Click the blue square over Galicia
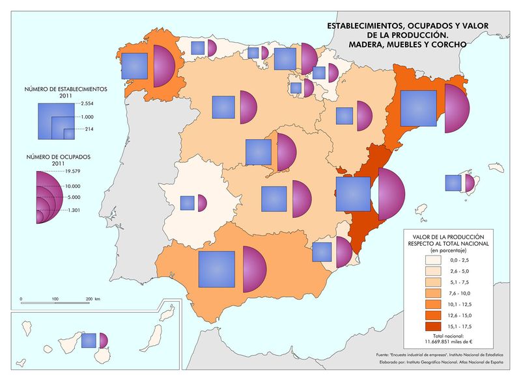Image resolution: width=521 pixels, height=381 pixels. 135,65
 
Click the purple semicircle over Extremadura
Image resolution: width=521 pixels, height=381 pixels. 201,203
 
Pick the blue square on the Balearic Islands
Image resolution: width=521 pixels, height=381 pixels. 453,183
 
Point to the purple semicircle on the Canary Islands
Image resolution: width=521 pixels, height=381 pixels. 102,340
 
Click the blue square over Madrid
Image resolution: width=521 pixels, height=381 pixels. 258,152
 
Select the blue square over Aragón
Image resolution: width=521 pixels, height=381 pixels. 344,116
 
